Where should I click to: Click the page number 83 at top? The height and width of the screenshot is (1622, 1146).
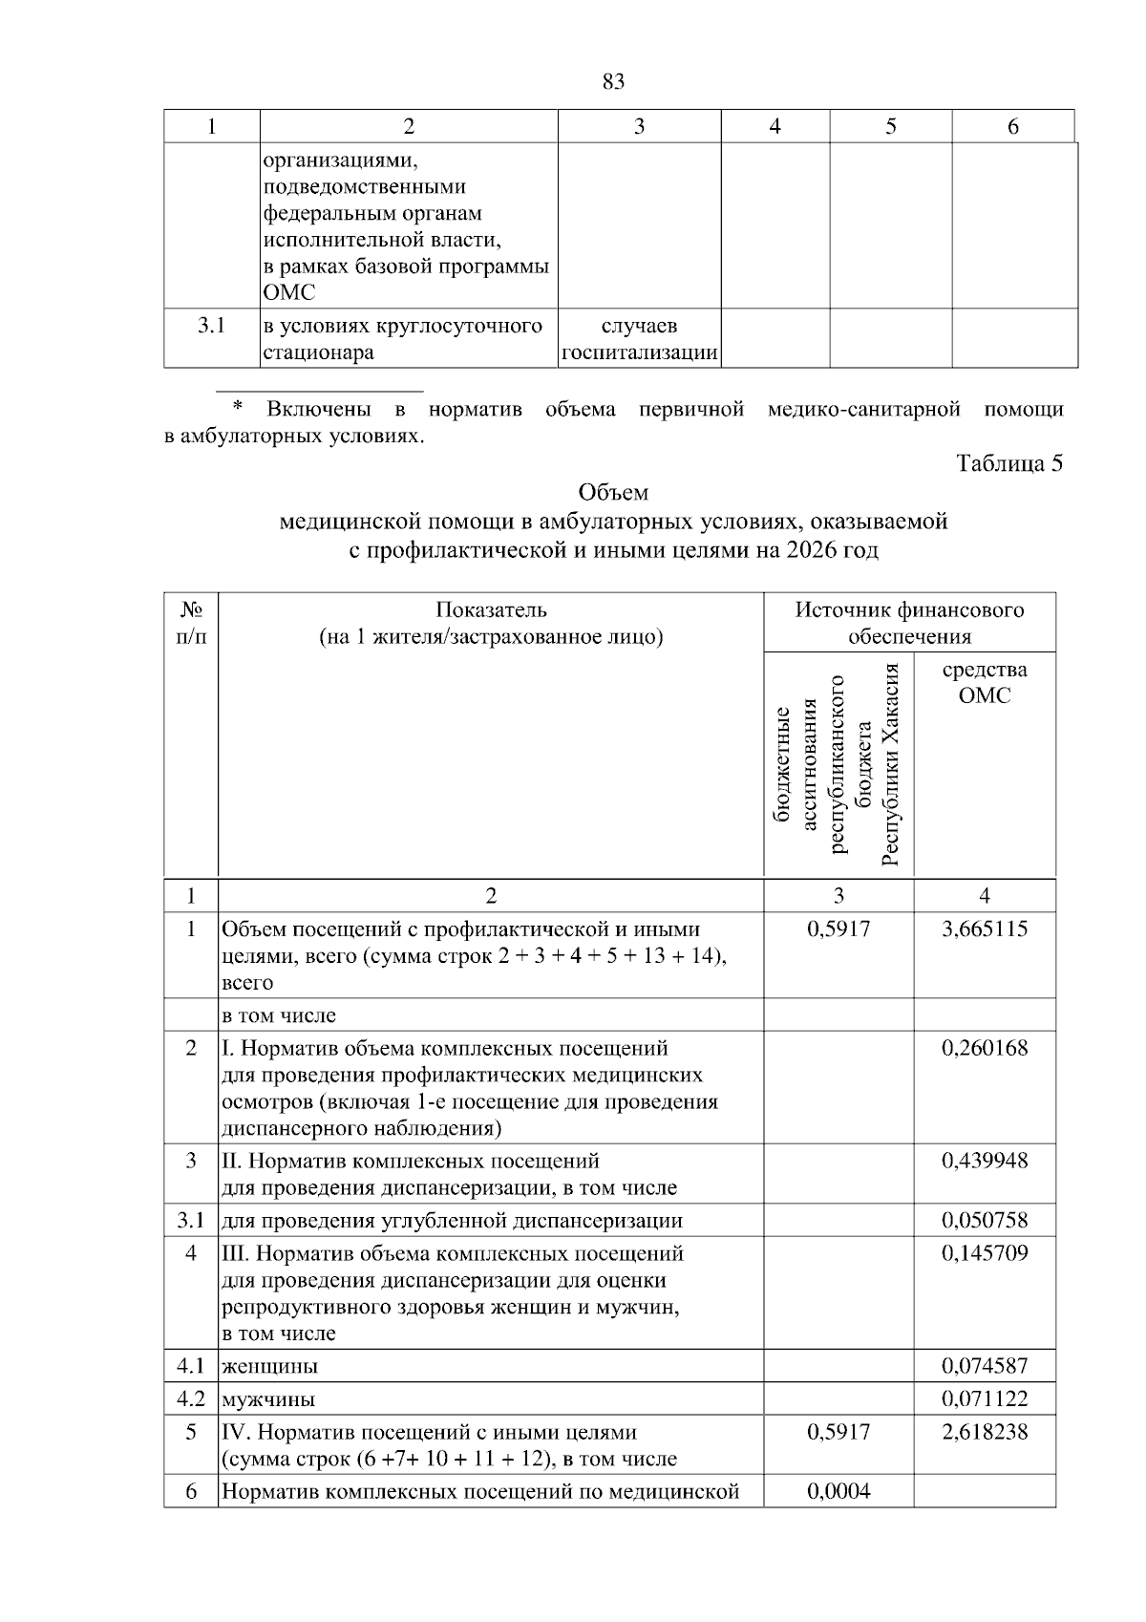pyautogui.click(x=614, y=82)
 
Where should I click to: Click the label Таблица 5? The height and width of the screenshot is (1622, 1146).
pyautogui.click(x=1009, y=463)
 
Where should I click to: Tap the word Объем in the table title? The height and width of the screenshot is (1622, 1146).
pyautogui.click(x=613, y=493)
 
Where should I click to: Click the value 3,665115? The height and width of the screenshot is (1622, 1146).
pyautogui.click(x=985, y=928)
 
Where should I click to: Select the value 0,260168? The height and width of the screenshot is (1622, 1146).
pyautogui.click(x=985, y=1048)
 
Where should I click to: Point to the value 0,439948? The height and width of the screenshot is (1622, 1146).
pyautogui.click(x=985, y=1161)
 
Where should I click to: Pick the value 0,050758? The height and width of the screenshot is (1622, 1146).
pyautogui.click(x=985, y=1220)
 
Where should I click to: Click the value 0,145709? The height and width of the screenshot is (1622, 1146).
pyautogui.click(x=985, y=1252)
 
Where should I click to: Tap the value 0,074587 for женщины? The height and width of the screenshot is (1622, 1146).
pyautogui.click(x=985, y=1365)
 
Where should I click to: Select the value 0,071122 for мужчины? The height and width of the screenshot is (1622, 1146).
pyautogui.click(x=985, y=1399)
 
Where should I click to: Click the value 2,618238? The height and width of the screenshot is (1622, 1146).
pyautogui.click(x=985, y=1432)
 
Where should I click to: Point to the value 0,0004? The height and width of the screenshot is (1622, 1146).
pyautogui.click(x=838, y=1491)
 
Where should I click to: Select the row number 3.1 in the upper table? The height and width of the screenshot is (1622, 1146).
pyautogui.click(x=211, y=326)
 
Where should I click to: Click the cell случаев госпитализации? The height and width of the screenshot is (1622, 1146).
pyautogui.click(x=640, y=339)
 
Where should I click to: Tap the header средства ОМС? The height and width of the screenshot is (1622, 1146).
pyautogui.click(x=985, y=682)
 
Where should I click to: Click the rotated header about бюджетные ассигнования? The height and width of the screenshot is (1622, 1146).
pyautogui.click(x=838, y=764)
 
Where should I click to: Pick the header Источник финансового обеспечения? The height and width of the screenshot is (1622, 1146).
pyautogui.click(x=909, y=623)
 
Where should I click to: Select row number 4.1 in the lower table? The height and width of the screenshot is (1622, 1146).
pyautogui.click(x=191, y=1365)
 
